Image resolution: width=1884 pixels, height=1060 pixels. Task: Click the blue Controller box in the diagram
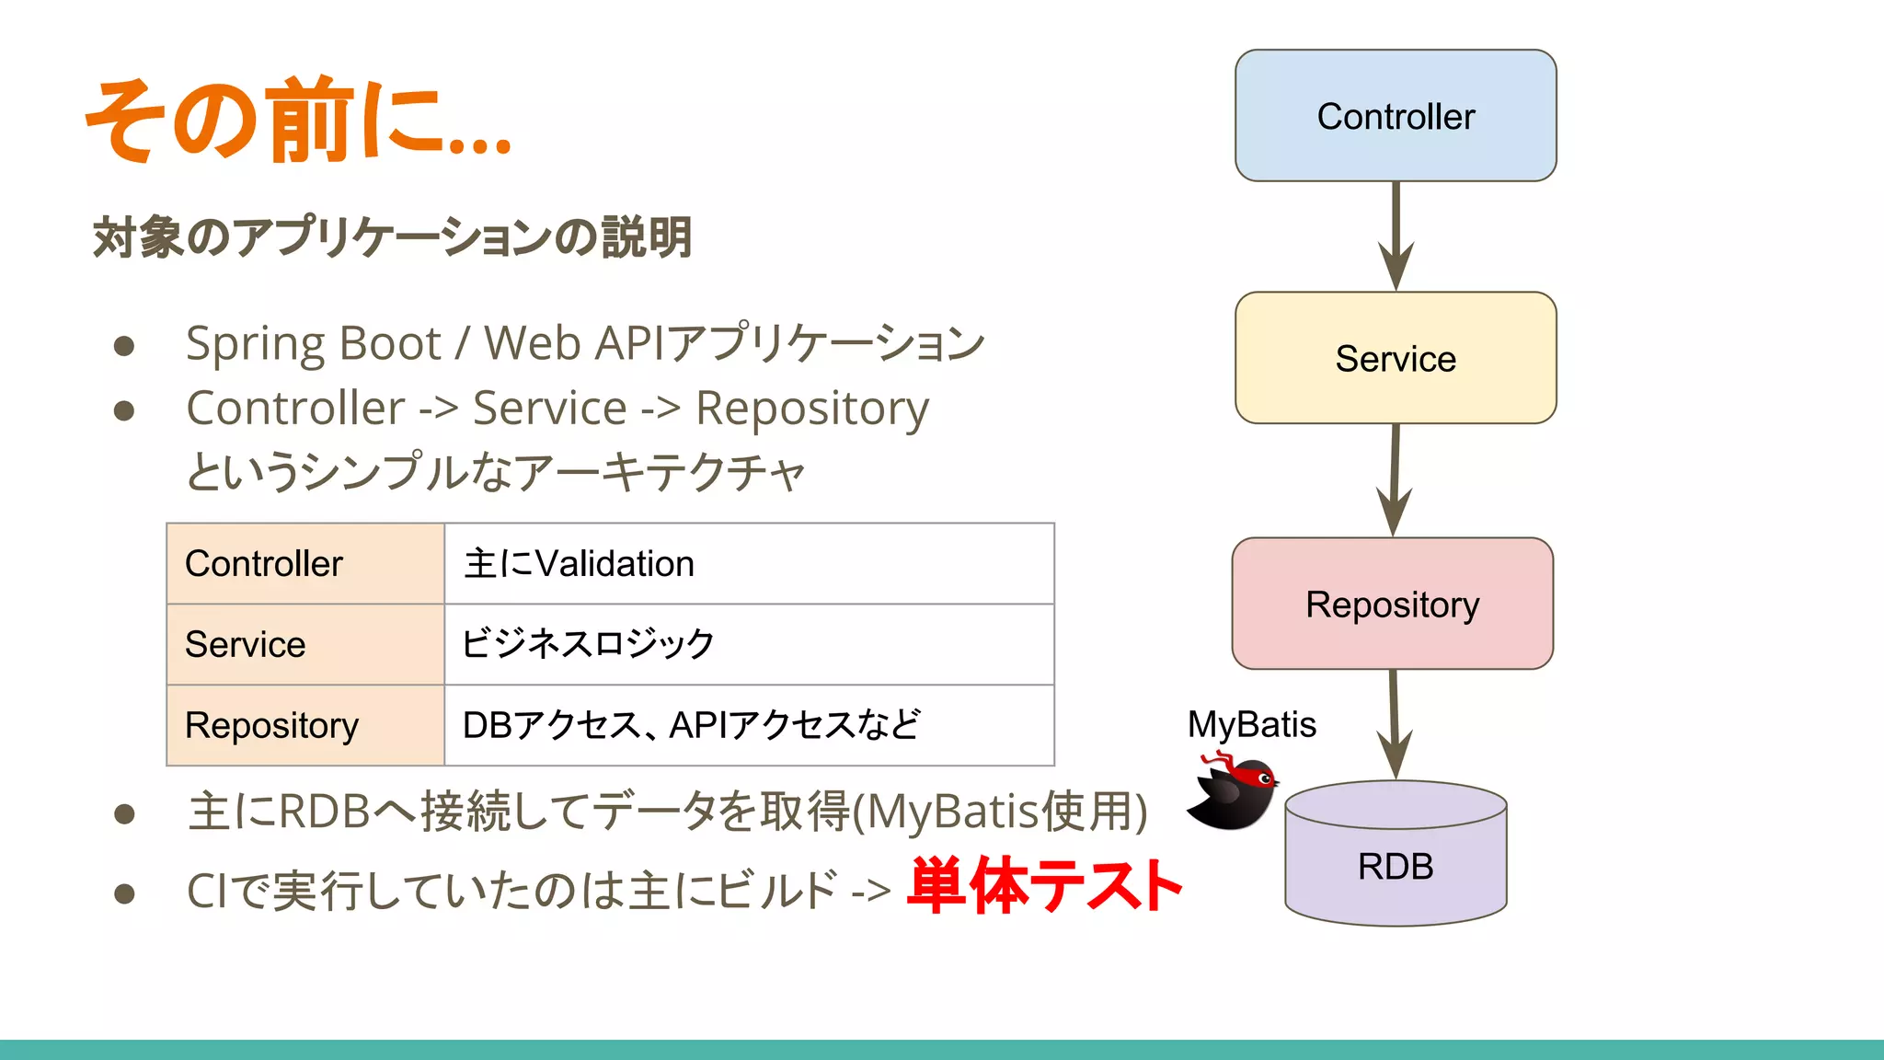pyautogui.click(x=1396, y=116)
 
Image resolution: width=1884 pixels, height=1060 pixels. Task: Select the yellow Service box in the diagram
pyautogui.click(x=1396, y=358)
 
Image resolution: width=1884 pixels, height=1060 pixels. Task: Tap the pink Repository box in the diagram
pyautogui.click(x=1393, y=604)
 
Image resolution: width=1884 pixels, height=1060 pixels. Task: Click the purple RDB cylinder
pyautogui.click(x=1396, y=860)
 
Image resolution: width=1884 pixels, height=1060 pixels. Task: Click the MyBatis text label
pyautogui.click(x=1251, y=724)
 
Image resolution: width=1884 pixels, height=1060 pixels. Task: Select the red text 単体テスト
pyautogui.click(x=1044, y=886)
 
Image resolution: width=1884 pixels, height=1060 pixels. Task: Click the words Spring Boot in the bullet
pyautogui.click(x=314, y=344)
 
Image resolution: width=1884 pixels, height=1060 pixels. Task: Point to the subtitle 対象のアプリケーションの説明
pyautogui.click(x=392, y=236)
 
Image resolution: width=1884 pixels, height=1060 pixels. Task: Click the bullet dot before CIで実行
pyautogui.click(x=124, y=893)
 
